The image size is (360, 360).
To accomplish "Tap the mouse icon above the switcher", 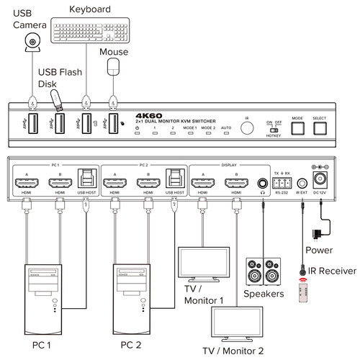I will (112, 67).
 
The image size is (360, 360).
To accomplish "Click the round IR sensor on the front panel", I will (246, 128).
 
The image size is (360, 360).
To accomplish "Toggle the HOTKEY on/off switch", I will (274, 130).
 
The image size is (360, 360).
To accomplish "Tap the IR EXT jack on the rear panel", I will (302, 183).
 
